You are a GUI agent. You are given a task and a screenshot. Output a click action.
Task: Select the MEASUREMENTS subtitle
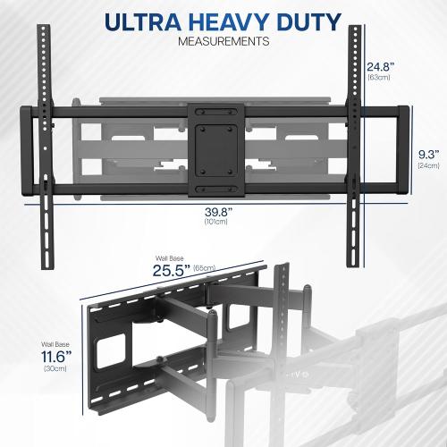tap(223, 42)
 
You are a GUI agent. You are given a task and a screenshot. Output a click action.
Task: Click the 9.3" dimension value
tap(429, 153)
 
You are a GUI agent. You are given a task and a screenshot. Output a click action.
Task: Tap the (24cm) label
tap(429, 166)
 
